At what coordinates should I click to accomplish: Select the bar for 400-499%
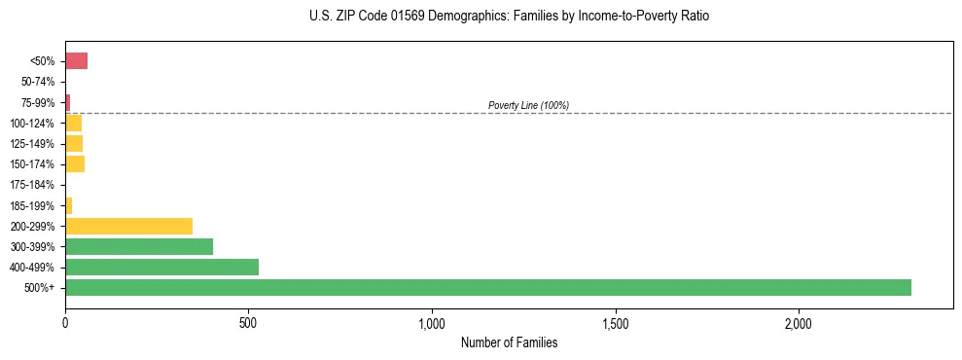coord(161,268)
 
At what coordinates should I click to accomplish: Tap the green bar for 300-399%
coord(139,247)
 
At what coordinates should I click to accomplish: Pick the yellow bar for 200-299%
coord(128,226)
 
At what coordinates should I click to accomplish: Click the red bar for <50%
coord(76,61)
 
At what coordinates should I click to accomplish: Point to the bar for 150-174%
coord(75,164)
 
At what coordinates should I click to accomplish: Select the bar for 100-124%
coord(73,124)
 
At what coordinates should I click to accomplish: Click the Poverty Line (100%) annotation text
coord(528,105)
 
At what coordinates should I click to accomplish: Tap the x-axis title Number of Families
coord(509,343)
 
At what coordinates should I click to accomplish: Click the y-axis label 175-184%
coord(31,185)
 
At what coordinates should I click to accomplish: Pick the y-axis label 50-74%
coord(36,82)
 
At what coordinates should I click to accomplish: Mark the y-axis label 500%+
coord(39,288)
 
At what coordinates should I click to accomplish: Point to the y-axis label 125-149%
coord(31,144)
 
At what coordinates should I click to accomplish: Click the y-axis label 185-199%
coord(31,205)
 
